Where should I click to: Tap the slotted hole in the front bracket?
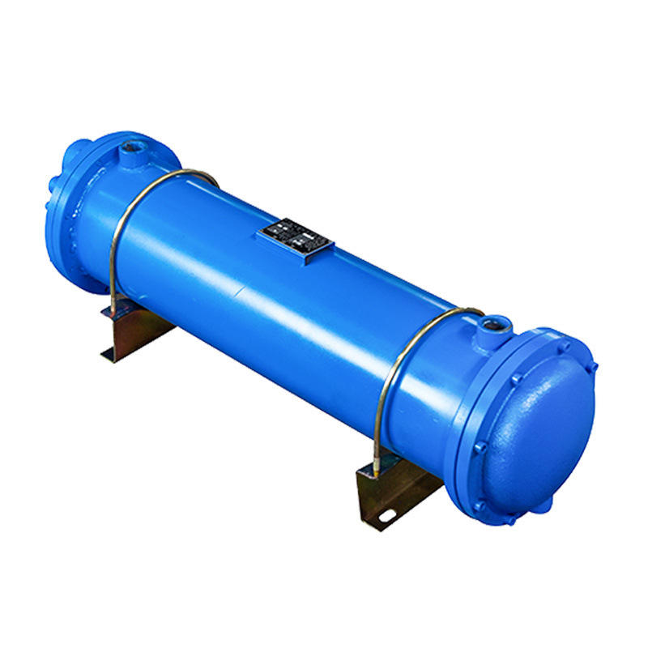pos(387,514)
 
